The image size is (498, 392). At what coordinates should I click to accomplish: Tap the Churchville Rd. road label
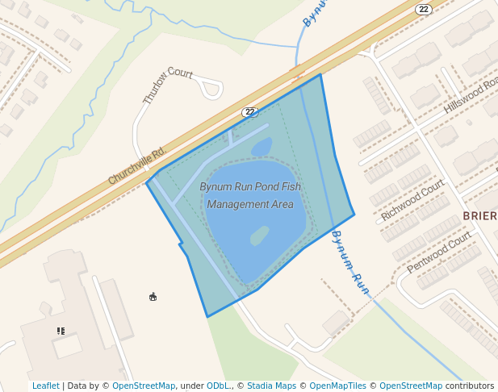[x=136, y=165]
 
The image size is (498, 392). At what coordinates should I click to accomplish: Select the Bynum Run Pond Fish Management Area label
[x=250, y=196]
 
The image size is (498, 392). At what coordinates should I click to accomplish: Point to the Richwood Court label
[x=412, y=200]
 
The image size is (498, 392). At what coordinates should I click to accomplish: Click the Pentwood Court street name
[x=438, y=252]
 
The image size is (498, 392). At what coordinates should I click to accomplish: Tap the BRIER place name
[x=479, y=216]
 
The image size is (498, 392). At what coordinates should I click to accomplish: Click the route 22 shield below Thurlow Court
[x=249, y=111]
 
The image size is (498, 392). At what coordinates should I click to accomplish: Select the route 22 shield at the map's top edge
[x=424, y=9]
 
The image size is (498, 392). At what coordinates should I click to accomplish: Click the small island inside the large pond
[x=259, y=236]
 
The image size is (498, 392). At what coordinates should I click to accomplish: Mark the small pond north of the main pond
[x=262, y=147]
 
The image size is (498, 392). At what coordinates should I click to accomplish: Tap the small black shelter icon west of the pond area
[x=153, y=297]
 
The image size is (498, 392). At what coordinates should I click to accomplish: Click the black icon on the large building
[x=61, y=331]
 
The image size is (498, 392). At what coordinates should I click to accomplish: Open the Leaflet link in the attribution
[x=46, y=386]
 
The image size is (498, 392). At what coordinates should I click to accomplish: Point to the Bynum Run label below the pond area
[x=350, y=262]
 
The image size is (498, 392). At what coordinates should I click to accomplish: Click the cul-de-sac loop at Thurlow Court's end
[x=211, y=87]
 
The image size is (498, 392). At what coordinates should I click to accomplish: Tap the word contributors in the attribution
[x=470, y=386]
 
